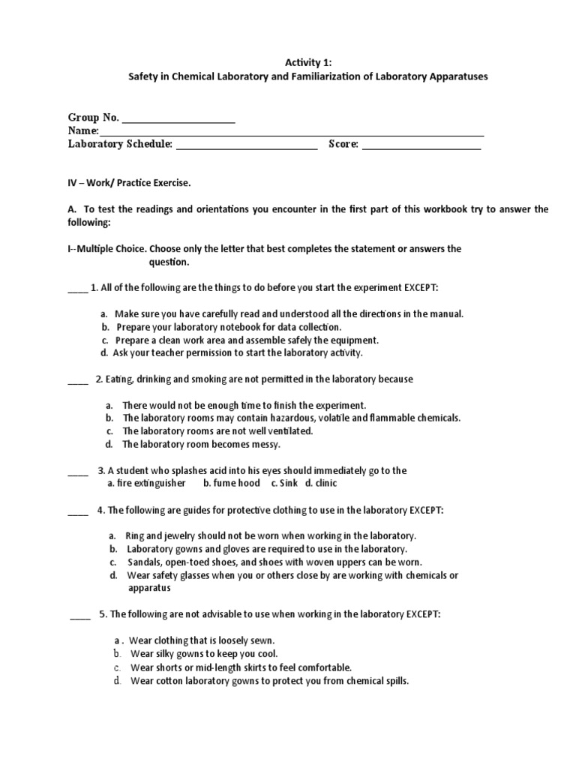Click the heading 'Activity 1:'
288,63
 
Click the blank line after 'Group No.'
178,120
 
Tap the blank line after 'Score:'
421,145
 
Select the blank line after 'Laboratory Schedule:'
247,145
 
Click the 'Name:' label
83,131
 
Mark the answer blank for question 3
77,473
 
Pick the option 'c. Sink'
285,483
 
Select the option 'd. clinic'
321,483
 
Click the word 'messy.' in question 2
264,444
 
